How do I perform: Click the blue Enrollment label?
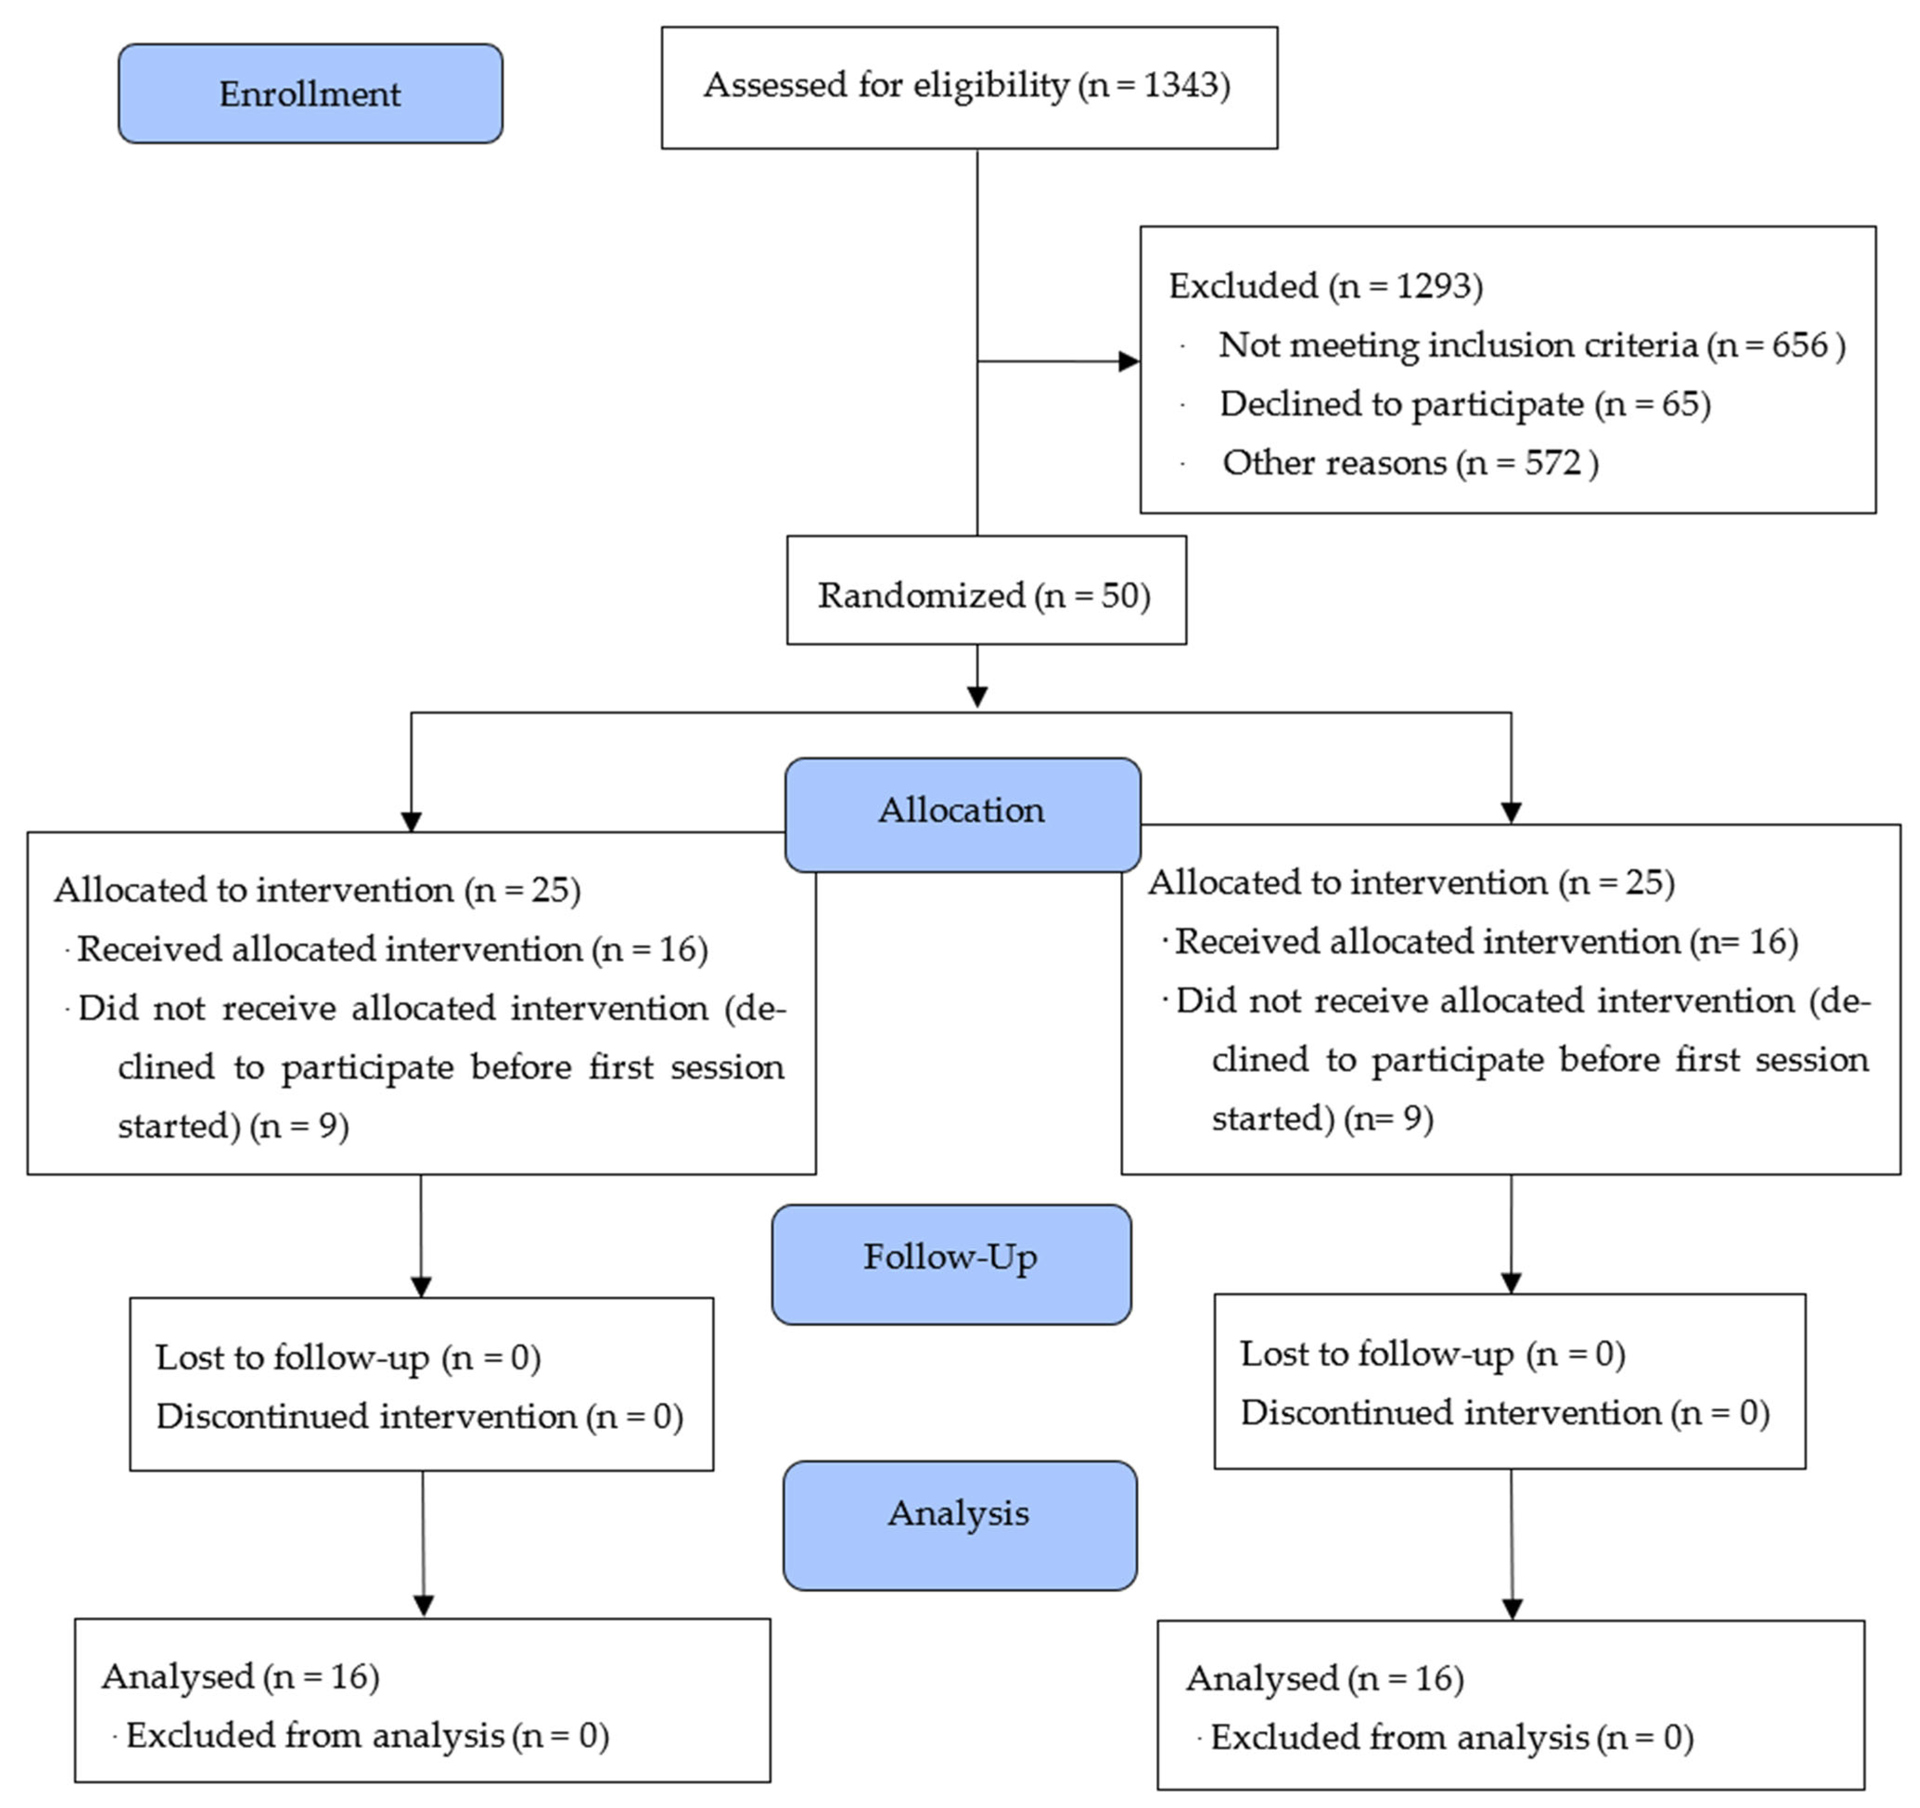(310, 94)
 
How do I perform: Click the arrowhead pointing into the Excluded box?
(1128, 362)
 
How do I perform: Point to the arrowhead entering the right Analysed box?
(1512, 1608)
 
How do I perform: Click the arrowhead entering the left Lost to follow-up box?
(421, 1287)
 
